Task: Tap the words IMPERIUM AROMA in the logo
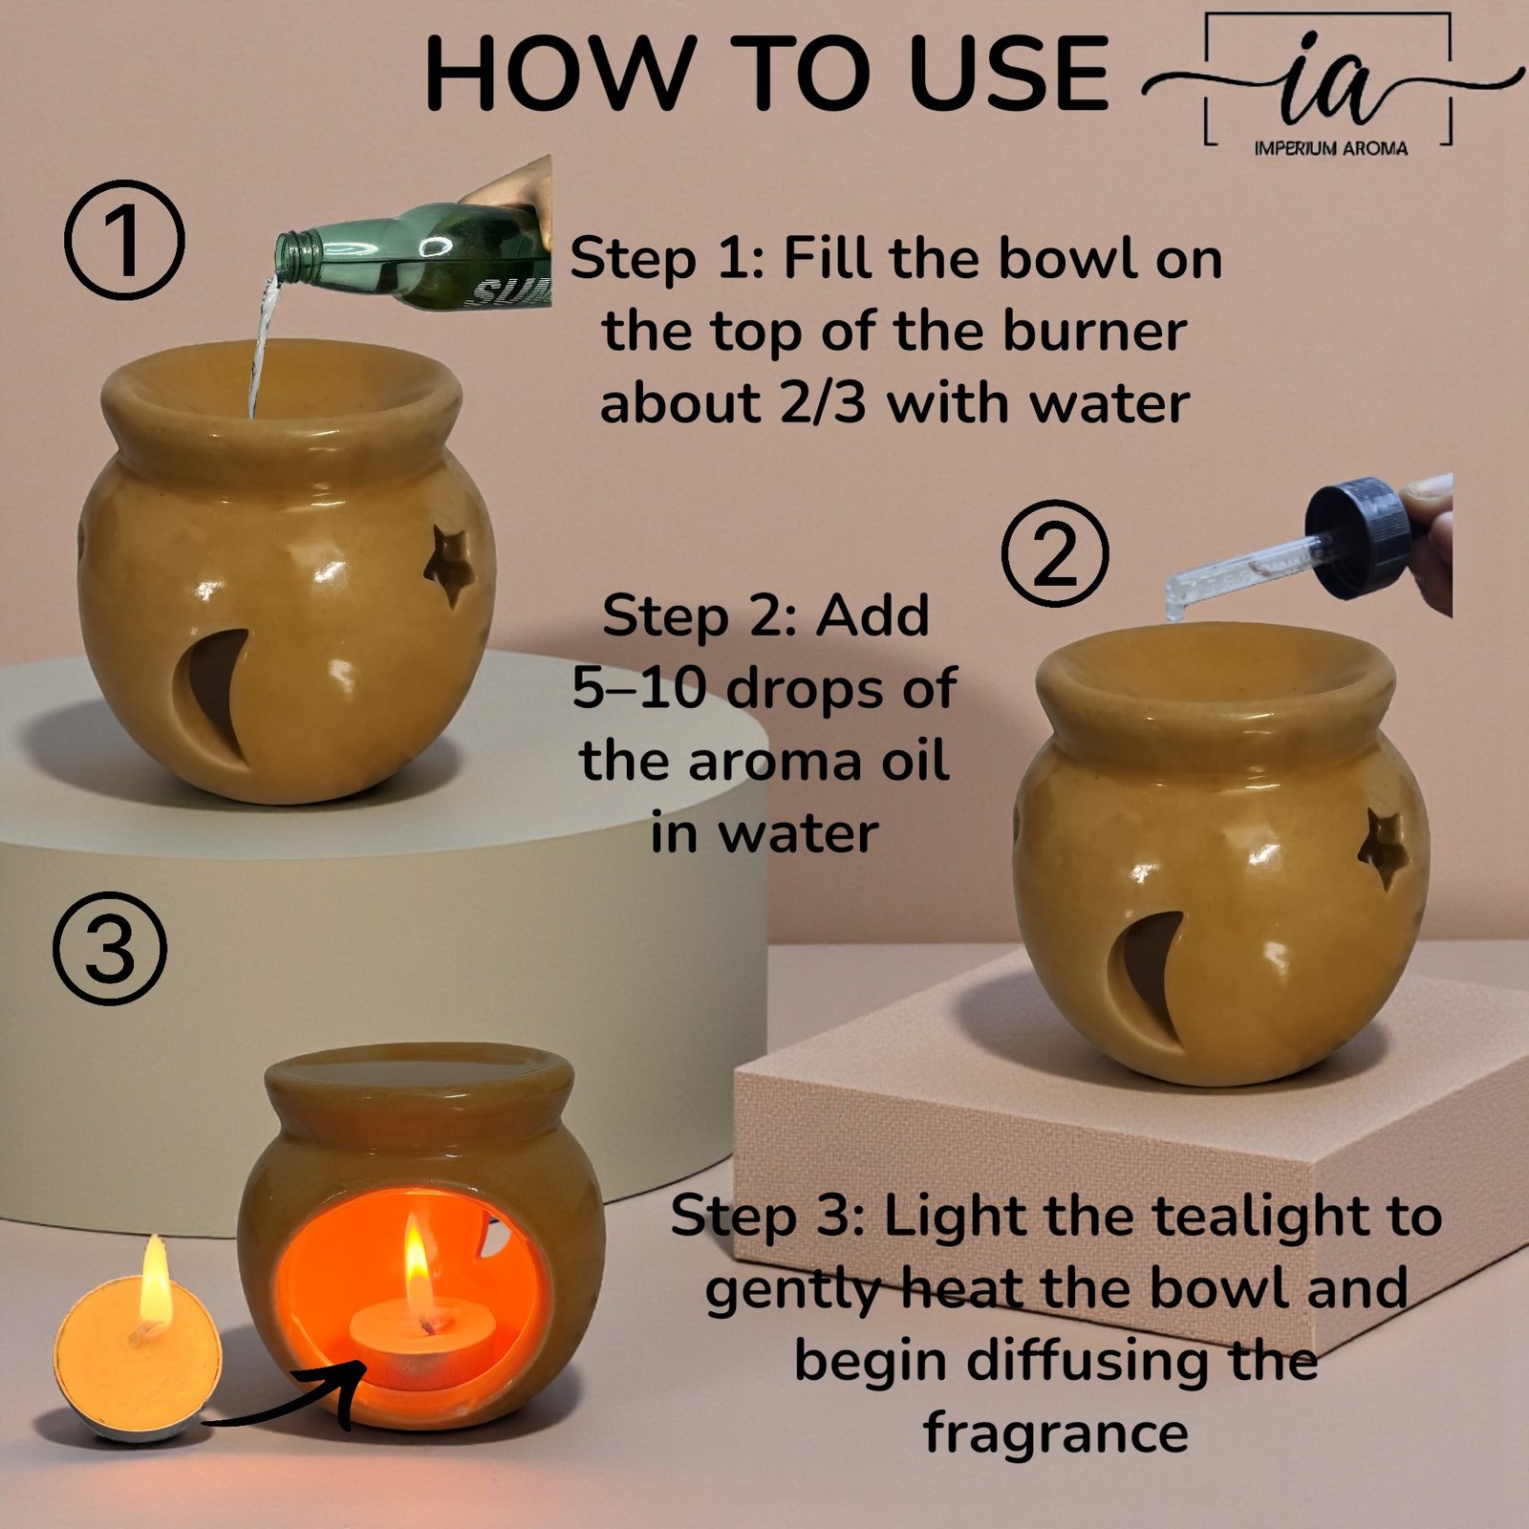1331,148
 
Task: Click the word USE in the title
1008,74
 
